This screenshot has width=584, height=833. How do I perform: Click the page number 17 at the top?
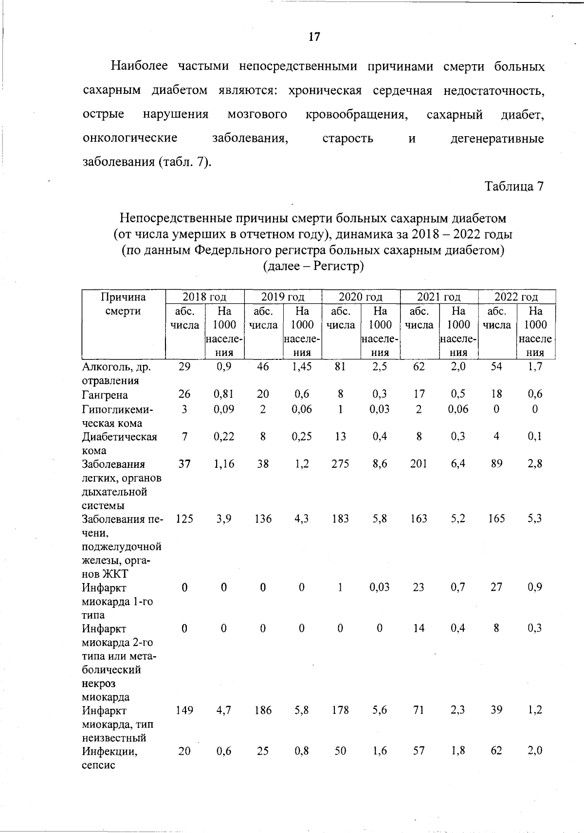[x=314, y=36]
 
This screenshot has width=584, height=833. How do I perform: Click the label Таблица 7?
[x=513, y=186]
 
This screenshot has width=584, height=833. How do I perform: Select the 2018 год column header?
[x=204, y=297]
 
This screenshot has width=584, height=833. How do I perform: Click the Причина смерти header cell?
[x=123, y=304]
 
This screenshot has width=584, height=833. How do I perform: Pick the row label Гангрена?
[x=105, y=395]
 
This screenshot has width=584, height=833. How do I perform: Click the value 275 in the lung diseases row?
[x=340, y=464]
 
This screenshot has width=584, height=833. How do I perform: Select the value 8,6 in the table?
[x=380, y=464]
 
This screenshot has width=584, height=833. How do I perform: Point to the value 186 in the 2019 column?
[x=263, y=710]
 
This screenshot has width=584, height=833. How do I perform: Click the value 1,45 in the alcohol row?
[x=302, y=367]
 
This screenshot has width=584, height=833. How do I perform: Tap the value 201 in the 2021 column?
[x=419, y=464]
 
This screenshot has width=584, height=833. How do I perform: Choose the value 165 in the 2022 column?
[x=496, y=519]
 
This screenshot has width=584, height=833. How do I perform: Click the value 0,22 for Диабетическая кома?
[x=224, y=437]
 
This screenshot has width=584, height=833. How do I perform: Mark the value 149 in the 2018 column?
[x=184, y=710]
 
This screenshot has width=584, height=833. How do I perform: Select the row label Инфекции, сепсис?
[x=109, y=758]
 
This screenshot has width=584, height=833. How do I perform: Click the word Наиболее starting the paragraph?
[x=139, y=66]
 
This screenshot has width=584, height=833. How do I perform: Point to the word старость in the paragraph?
[x=348, y=139]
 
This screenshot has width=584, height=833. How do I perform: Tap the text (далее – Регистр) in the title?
[x=313, y=266]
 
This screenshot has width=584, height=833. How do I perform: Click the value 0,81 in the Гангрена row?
[x=224, y=394]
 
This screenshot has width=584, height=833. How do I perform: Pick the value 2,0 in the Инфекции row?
[x=534, y=751]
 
